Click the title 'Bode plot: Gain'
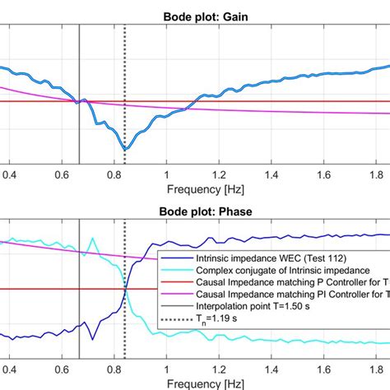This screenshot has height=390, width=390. coord(194,7)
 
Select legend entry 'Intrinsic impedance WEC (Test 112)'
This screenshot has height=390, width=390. coord(259,257)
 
